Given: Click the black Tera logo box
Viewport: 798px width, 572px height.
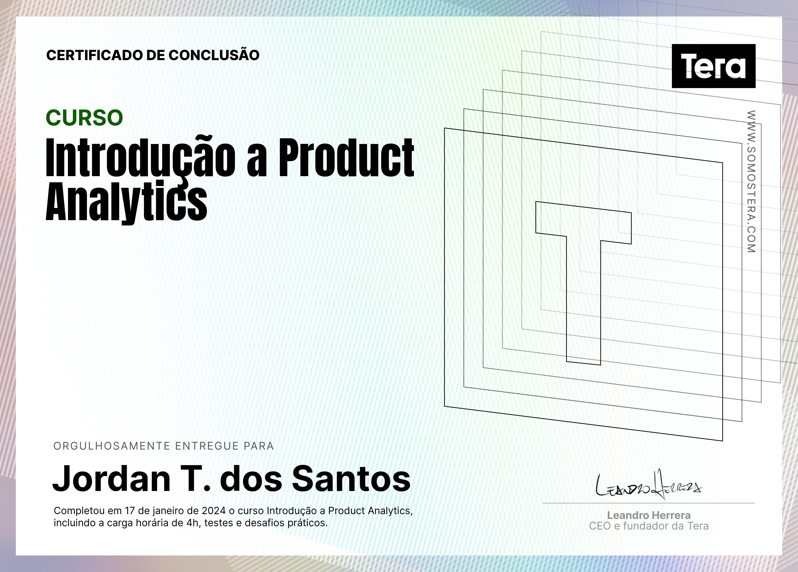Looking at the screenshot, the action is (713, 66).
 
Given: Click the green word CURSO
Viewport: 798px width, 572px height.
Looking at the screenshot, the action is (85, 118).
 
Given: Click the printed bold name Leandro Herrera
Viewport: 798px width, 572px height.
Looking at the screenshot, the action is (649, 515).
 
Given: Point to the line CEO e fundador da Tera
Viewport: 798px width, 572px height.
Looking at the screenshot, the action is (649, 526).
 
